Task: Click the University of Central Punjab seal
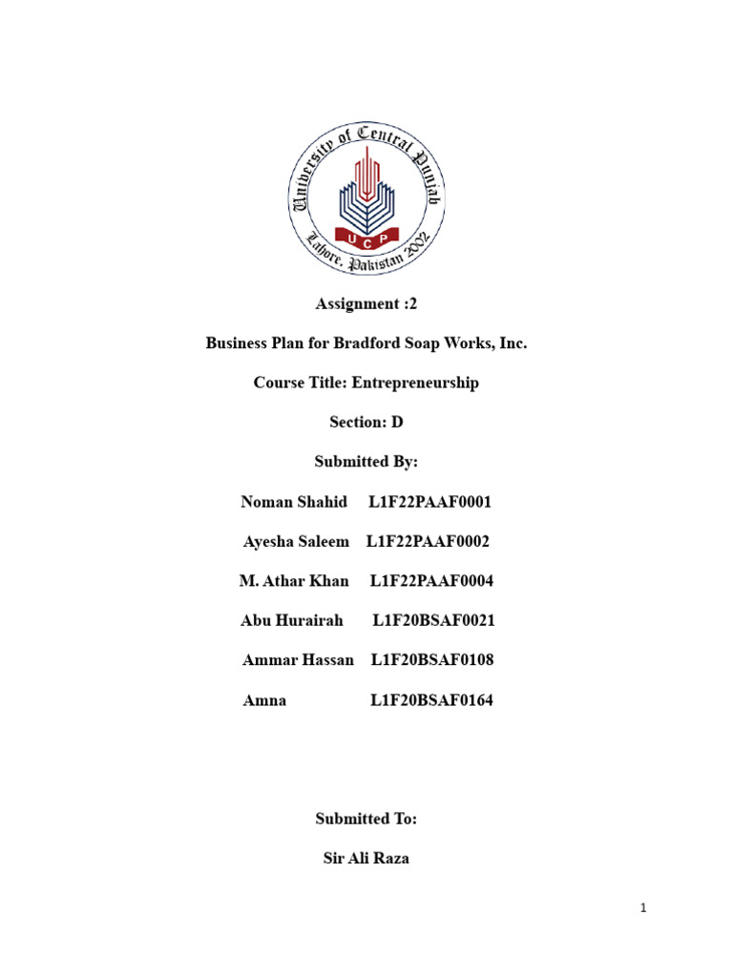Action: pyautogui.click(x=366, y=203)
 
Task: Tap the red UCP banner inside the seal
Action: pyautogui.click(x=366, y=235)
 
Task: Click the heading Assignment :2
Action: pyautogui.click(x=366, y=304)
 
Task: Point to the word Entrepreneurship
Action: pyautogui.click(x=415, y=383)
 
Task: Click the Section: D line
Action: pyautogui.click(x=366, y=422)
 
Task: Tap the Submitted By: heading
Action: pyautogui.click(x=366, y=462)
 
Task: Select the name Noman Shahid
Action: pyautogui.click(x=294, y=502)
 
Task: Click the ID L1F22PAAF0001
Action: pyautogui.click(x=429, y=502)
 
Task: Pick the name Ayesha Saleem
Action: pyautogui.click(x=296, y=542)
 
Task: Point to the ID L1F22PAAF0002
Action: pyautogui.click(x=428, y=542)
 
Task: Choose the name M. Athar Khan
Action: pyautogui.click(x=294, y=581)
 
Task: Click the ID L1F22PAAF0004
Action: pyautogui.click(x=431, y=581)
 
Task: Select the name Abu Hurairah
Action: pyautogui.click(x=292, y=621)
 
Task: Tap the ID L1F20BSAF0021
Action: pyautogui.click(x=434, y=621)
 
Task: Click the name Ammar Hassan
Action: pyautogui.click(x=298, y=660)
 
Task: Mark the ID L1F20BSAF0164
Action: pyautogui.click(x=432, y=701)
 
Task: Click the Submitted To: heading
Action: pyautogui.click(x=366, y=819)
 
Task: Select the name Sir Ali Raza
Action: pyautogui.click(x=366, y=859)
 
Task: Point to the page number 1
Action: pyautogui.click(x=644, y=909)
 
